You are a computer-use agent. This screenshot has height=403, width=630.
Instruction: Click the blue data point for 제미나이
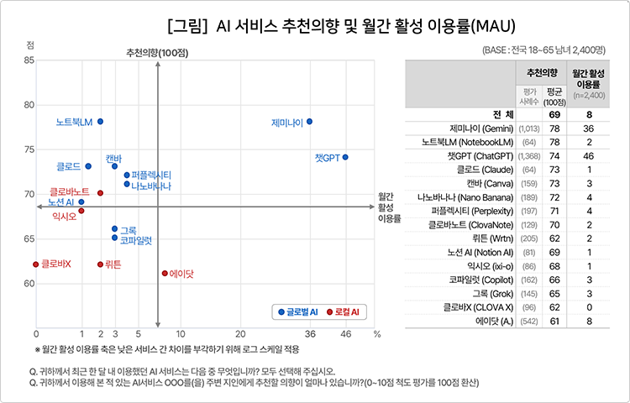tap(309, 122)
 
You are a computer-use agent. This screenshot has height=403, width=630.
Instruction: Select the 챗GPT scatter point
tap(345, 157)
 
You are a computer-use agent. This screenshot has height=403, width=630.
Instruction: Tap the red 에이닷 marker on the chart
tap(165, 273)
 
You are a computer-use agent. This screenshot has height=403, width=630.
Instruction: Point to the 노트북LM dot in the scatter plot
tap(100, 122)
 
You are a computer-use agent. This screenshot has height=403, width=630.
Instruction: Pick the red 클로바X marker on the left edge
tap(36, 264)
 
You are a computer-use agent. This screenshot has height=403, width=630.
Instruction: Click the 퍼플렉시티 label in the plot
tap(152, 175)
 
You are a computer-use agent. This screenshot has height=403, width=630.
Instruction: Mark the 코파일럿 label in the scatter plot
tap(135, 240)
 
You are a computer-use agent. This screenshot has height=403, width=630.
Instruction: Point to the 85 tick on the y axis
tap(29, 60)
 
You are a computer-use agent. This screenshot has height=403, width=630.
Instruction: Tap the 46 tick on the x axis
tap(345, 334)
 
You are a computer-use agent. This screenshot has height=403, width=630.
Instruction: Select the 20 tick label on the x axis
tap(240, 334)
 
